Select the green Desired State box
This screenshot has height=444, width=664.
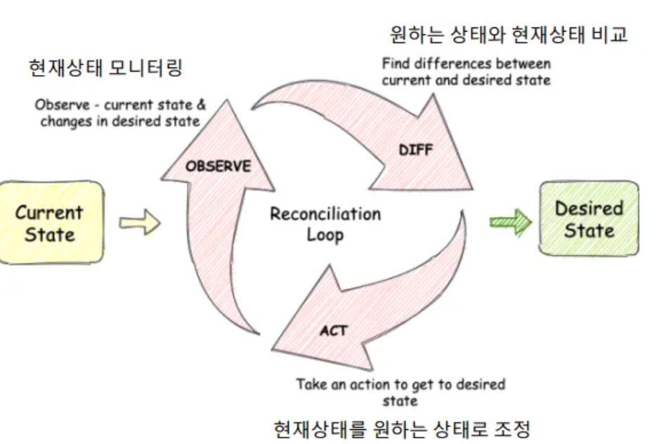[x=589, y=218]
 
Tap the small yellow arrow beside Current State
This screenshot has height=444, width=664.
[x=139, y=223]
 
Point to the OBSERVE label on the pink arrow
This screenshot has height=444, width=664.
[x=218, y=166]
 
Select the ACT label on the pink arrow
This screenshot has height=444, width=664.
[x=333, y=330]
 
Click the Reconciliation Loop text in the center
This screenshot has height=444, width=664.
[x=325, y=223]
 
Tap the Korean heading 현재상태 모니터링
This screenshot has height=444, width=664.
[x=105, y=68]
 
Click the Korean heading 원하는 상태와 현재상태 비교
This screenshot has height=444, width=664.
[x=508, y=33]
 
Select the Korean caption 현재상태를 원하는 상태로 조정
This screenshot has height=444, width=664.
[x=400, y=428]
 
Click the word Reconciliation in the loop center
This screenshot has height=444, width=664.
[x=325, y=214]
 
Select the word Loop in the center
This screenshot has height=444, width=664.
[x=325, y=234]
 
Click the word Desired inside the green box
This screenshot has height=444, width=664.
[x=589, y=208]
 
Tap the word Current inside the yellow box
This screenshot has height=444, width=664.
[x=49, y=212]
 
